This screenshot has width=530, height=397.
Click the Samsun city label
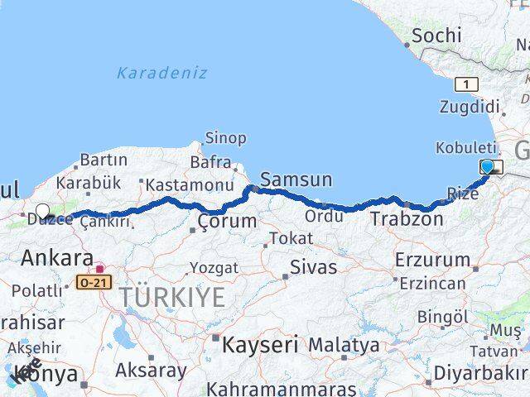pyautogui.click(x=296, y=179)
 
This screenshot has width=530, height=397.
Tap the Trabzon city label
pyautogui.click(x=407, y=219)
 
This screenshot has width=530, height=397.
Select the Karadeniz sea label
pyautogui.click(x=161, y=73)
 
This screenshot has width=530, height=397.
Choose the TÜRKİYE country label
pyautogui.click(x=171, y=297)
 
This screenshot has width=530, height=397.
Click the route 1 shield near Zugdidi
pyautogui.click(x=466, y=84)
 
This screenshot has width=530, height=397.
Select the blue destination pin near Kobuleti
pyautogui.click(x=488, y=168)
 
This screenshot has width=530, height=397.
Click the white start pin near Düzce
pyautogui.click(x=43, y=212)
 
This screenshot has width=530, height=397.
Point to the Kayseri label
pyautogui.click(x=259, y=344)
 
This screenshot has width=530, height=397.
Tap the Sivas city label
pyautogui.click(x=314, y=267)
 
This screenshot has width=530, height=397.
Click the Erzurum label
pyautogui.click(x=431, y=260)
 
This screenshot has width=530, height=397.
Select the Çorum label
pyautogui.click(x=219, y=222)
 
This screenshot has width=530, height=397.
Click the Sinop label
pyautogui.click(x=225, y=138)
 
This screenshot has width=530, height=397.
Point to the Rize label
pyautogui.click(x=462, y=194)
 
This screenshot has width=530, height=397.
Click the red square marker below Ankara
pyautogui.click(x=100, y=269)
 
